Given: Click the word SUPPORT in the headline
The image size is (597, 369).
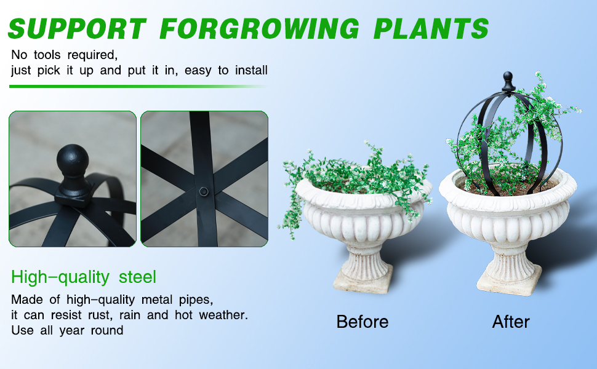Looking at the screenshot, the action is pos(77,28).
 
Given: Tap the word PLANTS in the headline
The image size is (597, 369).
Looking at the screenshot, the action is pos(431,28).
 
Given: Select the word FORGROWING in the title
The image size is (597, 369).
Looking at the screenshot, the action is pos(260,28).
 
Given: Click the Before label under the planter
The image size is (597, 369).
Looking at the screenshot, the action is pos(362,322).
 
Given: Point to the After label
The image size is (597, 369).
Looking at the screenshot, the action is pos(511,322).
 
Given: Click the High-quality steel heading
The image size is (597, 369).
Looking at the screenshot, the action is pos(84,277).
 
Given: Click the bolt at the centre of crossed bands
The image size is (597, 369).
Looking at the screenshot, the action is pos(204,191).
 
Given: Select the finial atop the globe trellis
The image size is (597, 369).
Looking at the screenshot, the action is pos(508,81).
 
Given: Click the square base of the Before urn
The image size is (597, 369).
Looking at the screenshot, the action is pos(363,282).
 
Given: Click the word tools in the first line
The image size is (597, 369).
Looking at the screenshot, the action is pos(47,55).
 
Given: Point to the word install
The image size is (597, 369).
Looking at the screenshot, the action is pos(251,70).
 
